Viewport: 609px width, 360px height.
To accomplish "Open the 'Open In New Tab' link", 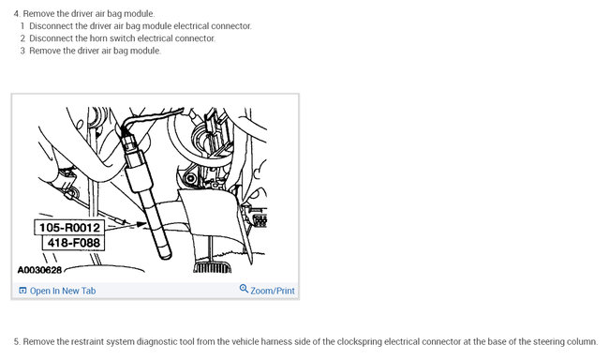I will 63,291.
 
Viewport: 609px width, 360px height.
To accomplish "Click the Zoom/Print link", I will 273,291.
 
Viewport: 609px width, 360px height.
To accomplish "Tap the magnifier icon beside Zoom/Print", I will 244,290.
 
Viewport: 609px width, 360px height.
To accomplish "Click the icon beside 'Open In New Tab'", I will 22,291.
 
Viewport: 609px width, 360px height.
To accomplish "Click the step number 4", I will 17,14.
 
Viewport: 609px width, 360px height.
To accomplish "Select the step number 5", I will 16,341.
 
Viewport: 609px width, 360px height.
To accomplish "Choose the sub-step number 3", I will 22,51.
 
